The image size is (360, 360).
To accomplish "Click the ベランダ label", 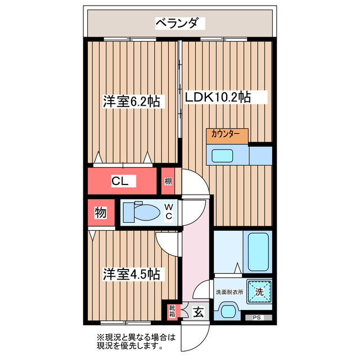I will coord(179,23).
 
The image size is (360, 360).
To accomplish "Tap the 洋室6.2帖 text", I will coord(131,102).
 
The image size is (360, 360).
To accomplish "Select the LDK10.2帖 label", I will coord(218,97).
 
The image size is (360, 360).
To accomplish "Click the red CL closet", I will coord(120,181).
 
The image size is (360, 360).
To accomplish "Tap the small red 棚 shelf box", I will coord(168,181).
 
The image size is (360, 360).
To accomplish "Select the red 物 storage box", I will coord(100,213).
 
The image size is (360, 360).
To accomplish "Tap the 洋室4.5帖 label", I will coord(131,274).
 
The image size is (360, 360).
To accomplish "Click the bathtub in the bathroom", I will coord(259,253).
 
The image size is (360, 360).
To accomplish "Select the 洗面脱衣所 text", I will coord(229,292).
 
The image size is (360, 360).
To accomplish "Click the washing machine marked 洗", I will coord(259,292).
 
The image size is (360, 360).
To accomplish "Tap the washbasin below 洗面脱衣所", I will coord(228,311).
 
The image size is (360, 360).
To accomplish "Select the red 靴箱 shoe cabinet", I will coord(172,310).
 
